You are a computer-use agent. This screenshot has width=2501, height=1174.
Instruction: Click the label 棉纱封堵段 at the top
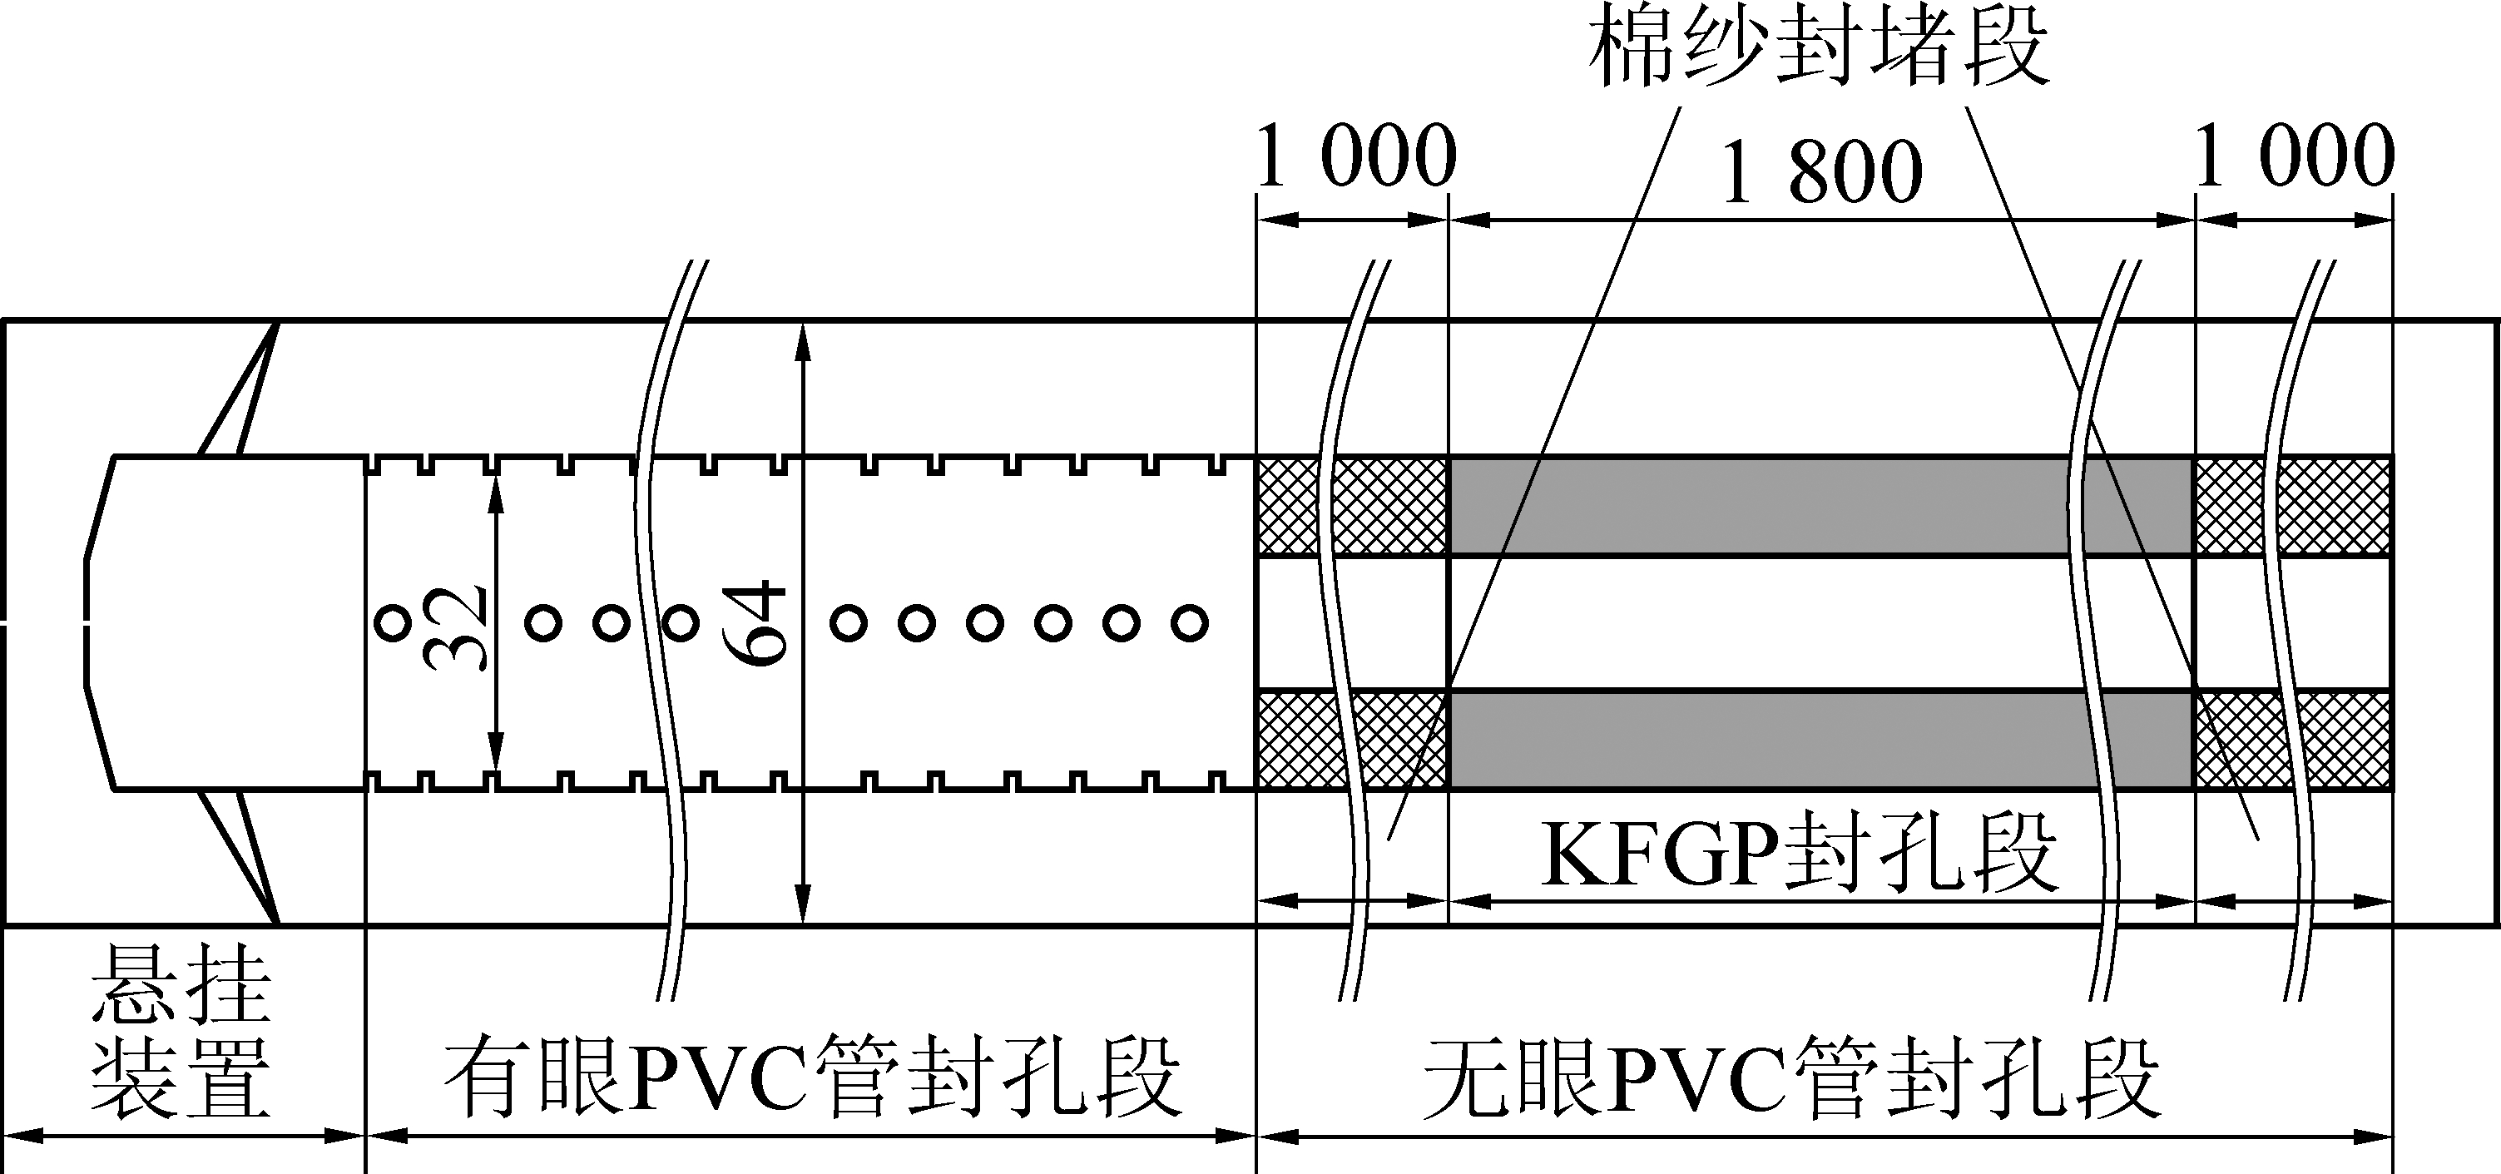(x=1819, y=48)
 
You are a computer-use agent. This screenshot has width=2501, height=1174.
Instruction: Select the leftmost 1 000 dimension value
(x=1356, y=156)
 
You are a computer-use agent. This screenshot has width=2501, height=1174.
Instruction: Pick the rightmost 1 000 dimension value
(x=2293, y=156)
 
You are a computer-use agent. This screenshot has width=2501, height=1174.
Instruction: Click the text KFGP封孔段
(x=1799, y=854)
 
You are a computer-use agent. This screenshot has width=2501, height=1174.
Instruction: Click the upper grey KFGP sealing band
(x=1820, y=505)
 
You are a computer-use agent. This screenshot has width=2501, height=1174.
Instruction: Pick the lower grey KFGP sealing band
(x=1820, y=740)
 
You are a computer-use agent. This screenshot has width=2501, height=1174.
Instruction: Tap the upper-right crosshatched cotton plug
(x=2293, y=505)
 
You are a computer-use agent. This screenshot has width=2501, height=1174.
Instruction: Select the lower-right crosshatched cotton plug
(x=2293, y=740)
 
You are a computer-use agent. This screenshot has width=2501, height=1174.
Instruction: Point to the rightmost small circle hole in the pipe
(x=1189, y=622)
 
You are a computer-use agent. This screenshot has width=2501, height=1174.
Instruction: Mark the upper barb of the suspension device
(x=239, y=389)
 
